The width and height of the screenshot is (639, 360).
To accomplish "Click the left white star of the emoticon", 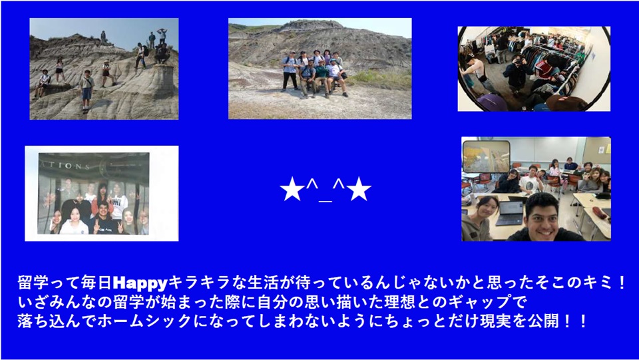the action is point(292,190).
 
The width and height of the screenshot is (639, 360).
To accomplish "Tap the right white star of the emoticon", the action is point(359,190).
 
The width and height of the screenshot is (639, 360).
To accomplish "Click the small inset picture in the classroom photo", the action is point(486,157).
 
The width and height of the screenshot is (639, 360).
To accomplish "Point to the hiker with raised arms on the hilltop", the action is point(162,36).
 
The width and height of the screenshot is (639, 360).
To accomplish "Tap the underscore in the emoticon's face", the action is point(325,200).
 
